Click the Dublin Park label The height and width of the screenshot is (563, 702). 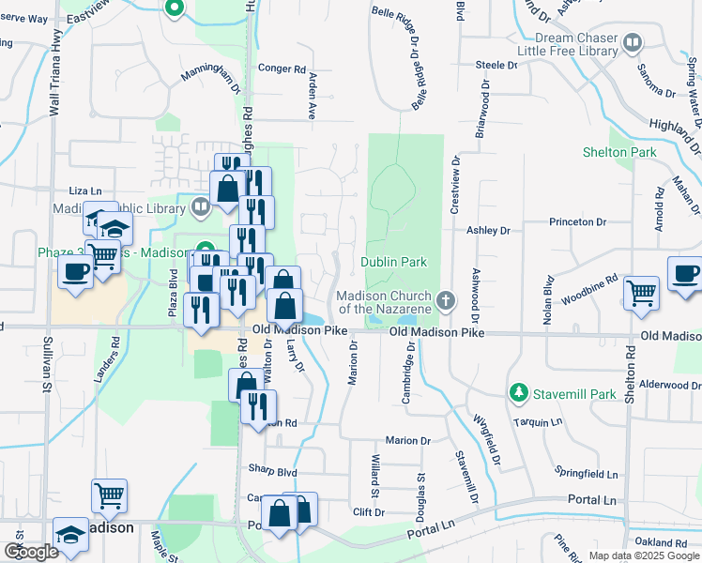click(394, 262)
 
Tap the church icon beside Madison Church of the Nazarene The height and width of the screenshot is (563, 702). click(446, 301)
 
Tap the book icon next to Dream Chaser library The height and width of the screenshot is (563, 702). click(633, 42)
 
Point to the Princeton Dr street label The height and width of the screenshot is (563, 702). click(578, 222)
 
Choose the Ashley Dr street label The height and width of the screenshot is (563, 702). click(487, 230)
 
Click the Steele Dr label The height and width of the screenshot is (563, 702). click(496, 66)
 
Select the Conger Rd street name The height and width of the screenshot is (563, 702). click(282, 68)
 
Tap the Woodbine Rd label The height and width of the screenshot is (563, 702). click(589, 284)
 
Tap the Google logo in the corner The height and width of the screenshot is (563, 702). click(30, 552)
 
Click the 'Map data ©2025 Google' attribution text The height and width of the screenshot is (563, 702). click(644, 555)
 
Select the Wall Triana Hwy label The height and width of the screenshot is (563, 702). click(55, 84)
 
